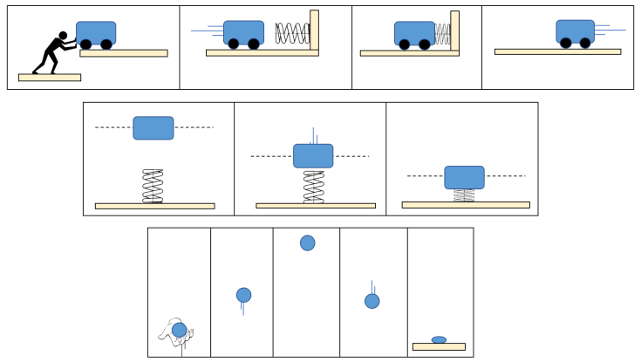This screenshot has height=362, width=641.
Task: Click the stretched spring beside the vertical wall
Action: coord(293,33)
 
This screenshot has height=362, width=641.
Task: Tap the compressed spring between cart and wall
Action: coord(443,34)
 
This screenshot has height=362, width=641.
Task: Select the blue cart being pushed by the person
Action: coord(96,32)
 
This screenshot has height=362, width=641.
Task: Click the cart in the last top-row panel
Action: coord(576,31)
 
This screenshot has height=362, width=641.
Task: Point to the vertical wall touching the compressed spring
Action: coord(454,31)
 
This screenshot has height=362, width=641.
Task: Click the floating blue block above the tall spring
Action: coord(153,128)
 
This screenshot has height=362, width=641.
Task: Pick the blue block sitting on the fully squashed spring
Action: coord(464,177)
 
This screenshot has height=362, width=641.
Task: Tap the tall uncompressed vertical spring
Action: coord(153,186)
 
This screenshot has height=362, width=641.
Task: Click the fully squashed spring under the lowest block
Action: coord(464,195)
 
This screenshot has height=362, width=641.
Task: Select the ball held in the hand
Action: coord(179,330)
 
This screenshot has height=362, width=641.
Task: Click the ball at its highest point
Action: coord(308,242)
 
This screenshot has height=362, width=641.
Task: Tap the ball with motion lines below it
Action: coord(244,295)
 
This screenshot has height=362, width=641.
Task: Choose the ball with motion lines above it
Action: coord(372,301)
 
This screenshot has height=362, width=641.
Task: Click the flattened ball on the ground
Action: coord(439,340)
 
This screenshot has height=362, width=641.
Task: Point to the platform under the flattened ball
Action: coord(439,347)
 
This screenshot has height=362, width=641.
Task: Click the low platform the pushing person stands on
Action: coord(50,78)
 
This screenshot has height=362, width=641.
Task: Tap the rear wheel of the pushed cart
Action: coord(86,44)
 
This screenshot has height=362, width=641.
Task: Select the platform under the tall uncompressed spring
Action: coord(154,207)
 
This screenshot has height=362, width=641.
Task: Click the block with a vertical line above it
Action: coord(313,156)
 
